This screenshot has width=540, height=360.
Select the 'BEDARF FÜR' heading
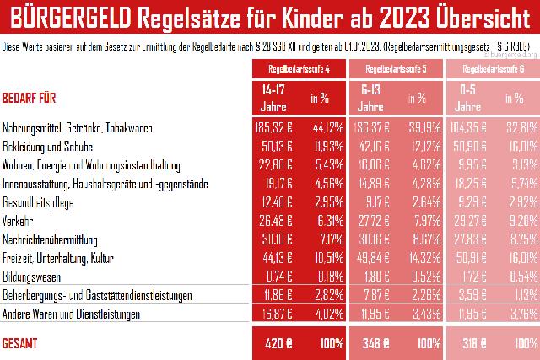pos(30,98)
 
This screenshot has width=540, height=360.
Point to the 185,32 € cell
pos(273,127)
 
